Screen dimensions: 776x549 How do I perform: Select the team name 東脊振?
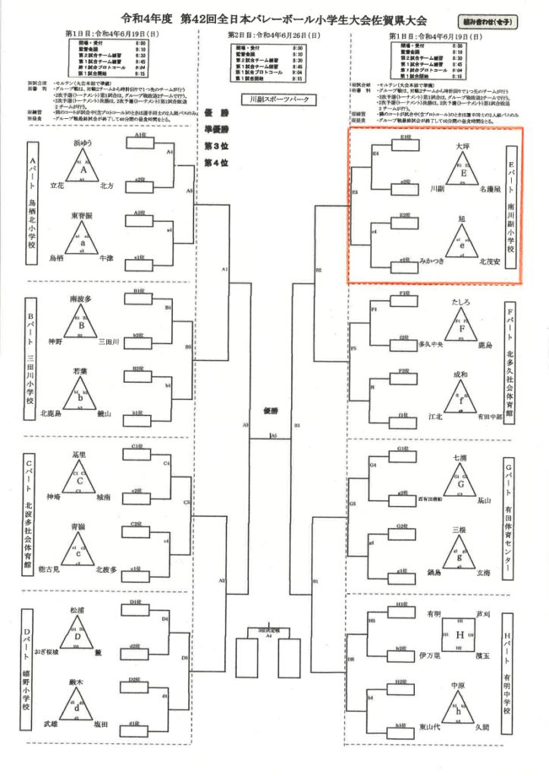pos(82,215)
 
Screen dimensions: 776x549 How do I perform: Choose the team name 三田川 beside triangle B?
pos(109,343)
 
